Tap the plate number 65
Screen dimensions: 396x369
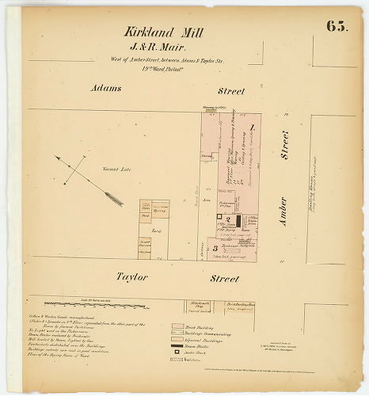(336, 25)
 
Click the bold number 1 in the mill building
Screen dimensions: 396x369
(252, 127)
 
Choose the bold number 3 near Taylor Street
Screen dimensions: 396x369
(215, 248)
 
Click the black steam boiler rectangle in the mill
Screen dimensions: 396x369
(237, 222)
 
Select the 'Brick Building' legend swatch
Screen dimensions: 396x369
(178, 326)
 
